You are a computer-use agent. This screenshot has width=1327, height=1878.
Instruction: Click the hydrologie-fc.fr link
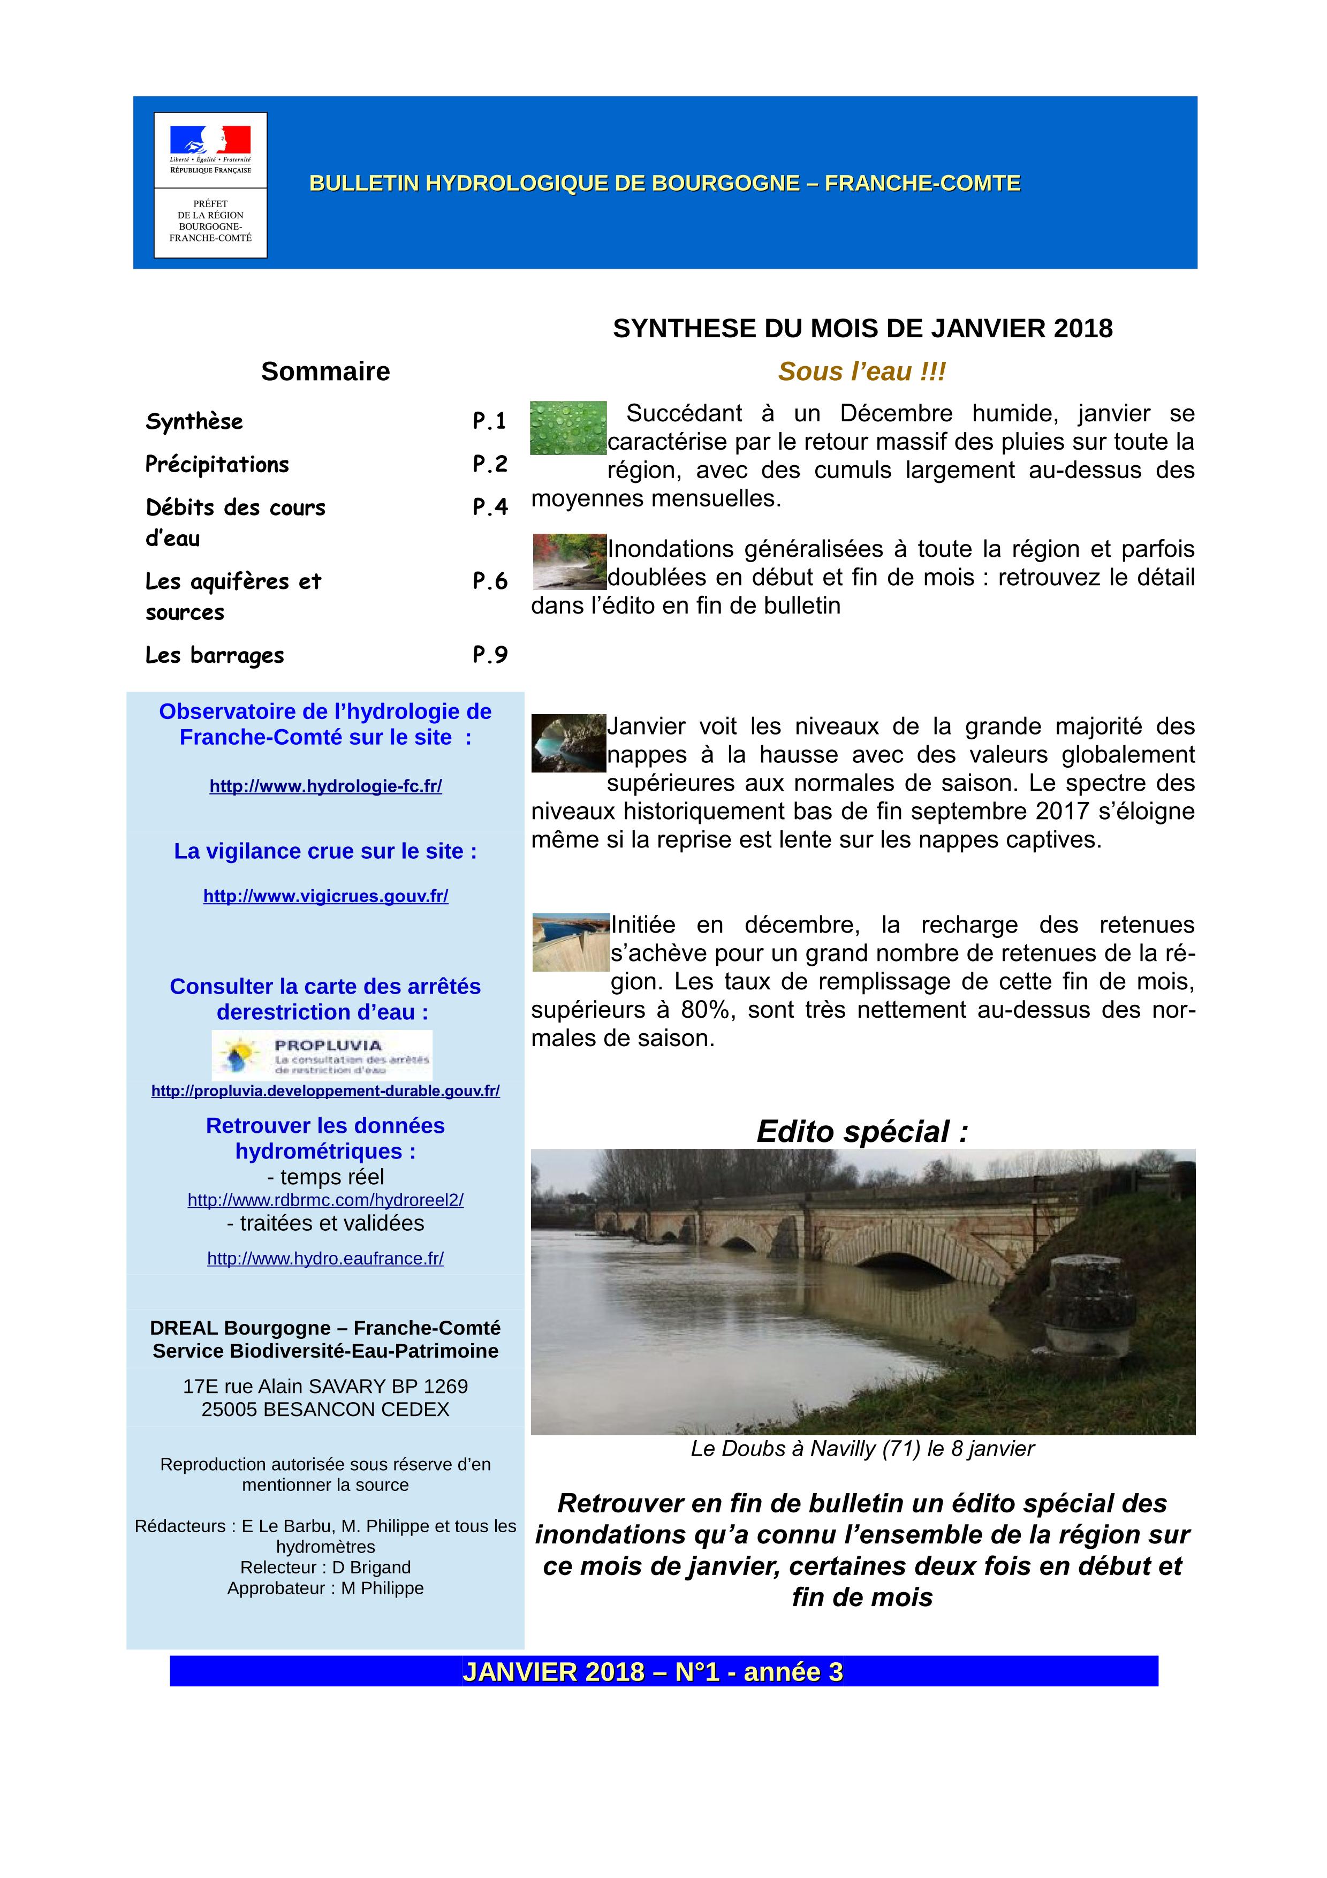325,786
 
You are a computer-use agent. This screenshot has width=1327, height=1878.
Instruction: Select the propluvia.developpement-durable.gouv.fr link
325,1091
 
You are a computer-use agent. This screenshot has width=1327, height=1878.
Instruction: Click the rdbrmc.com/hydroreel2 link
325,1200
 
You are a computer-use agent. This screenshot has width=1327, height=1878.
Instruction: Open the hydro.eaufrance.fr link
325,1258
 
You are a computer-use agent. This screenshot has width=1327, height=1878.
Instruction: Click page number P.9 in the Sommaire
490,654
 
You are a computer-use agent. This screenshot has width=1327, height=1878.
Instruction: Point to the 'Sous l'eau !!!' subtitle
862,372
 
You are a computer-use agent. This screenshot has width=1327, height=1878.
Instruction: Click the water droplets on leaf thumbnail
568,427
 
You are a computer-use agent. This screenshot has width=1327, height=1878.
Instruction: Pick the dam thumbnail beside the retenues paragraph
571,942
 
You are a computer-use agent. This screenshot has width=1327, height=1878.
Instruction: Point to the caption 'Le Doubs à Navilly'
862,1449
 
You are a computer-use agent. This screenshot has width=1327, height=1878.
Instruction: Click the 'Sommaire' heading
325,372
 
